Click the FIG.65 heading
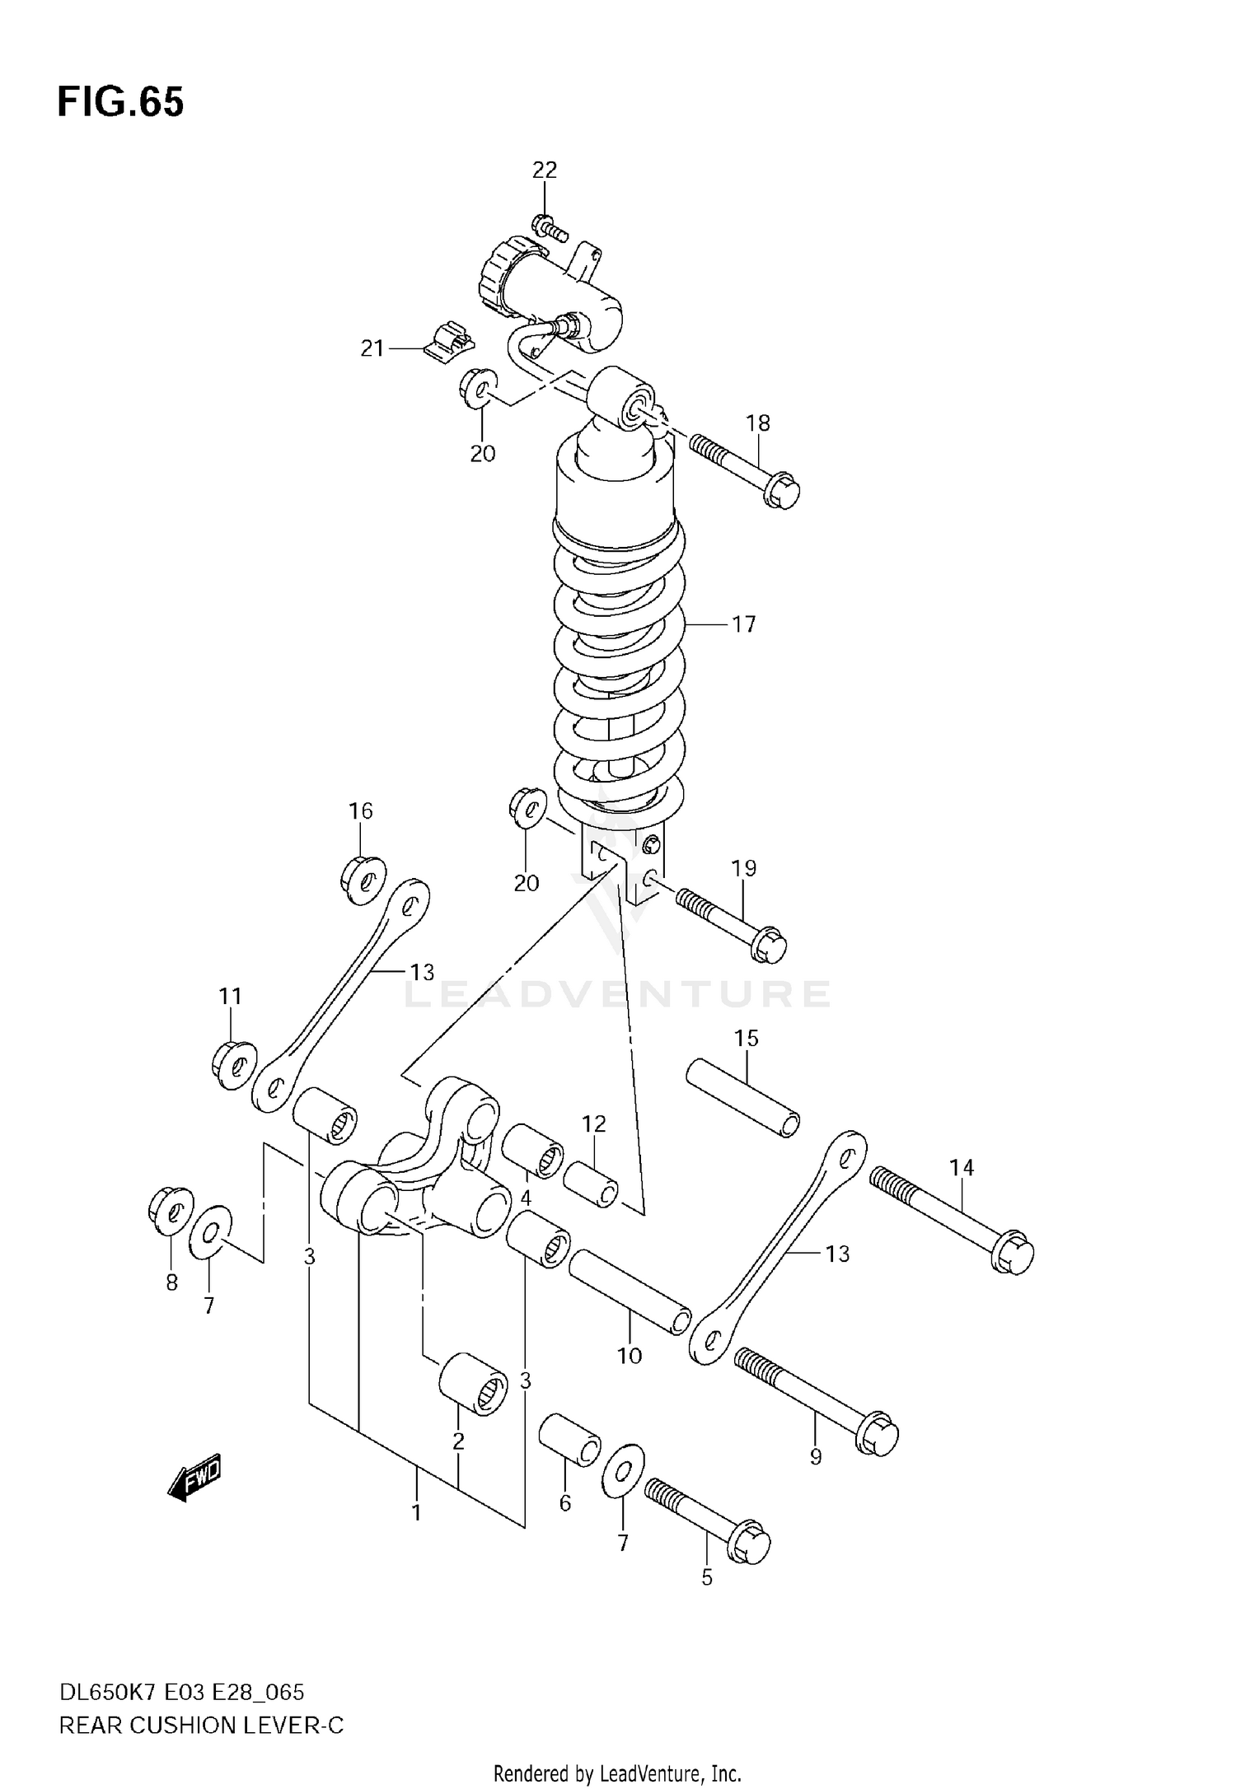coord(120,103)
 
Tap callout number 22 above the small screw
coord(544,170)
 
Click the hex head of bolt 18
coord(782,491)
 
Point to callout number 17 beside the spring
coord(743,625)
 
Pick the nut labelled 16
coord(363,880)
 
